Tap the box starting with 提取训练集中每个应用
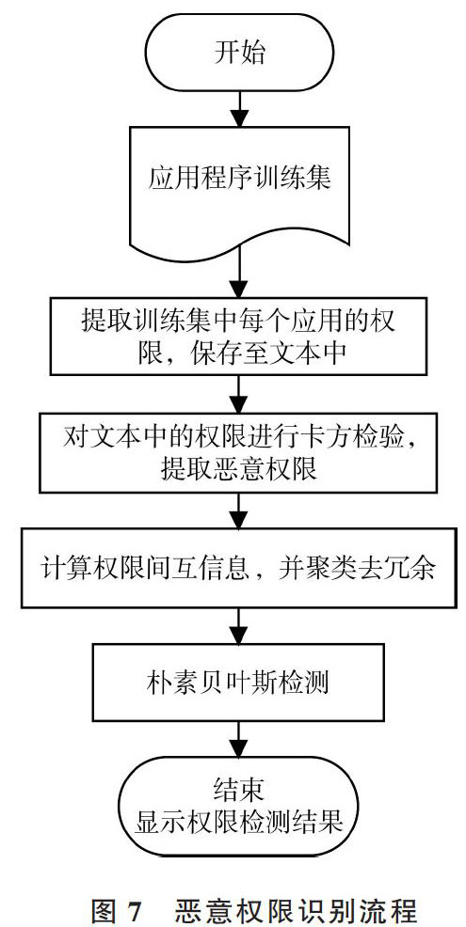pyautogui.click(x=238, y=336)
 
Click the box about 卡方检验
pyautogui.click(x=238, y=452)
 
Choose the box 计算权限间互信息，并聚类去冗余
pyautogui.click(x=238, y=568)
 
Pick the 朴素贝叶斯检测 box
pyautogui.click(x=238, y=683)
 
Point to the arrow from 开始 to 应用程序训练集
pyautogui.click(x=239, y=108)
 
